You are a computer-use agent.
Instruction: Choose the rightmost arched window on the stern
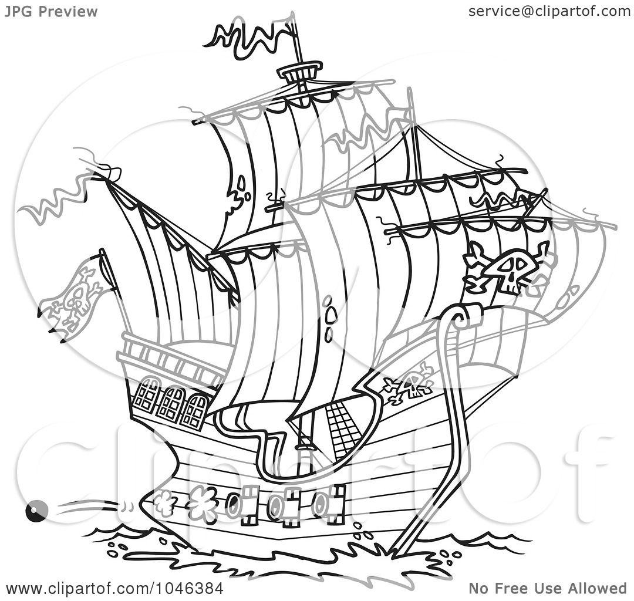pyautogui.click(x=195, y=411)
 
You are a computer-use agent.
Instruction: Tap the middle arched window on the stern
pyautogui.click(x=171, y=403)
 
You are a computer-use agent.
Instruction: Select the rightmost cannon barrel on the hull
pyautogui.click(x=321, y=504)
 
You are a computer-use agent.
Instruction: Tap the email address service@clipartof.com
pyautogui.click(x=549, y=11)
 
